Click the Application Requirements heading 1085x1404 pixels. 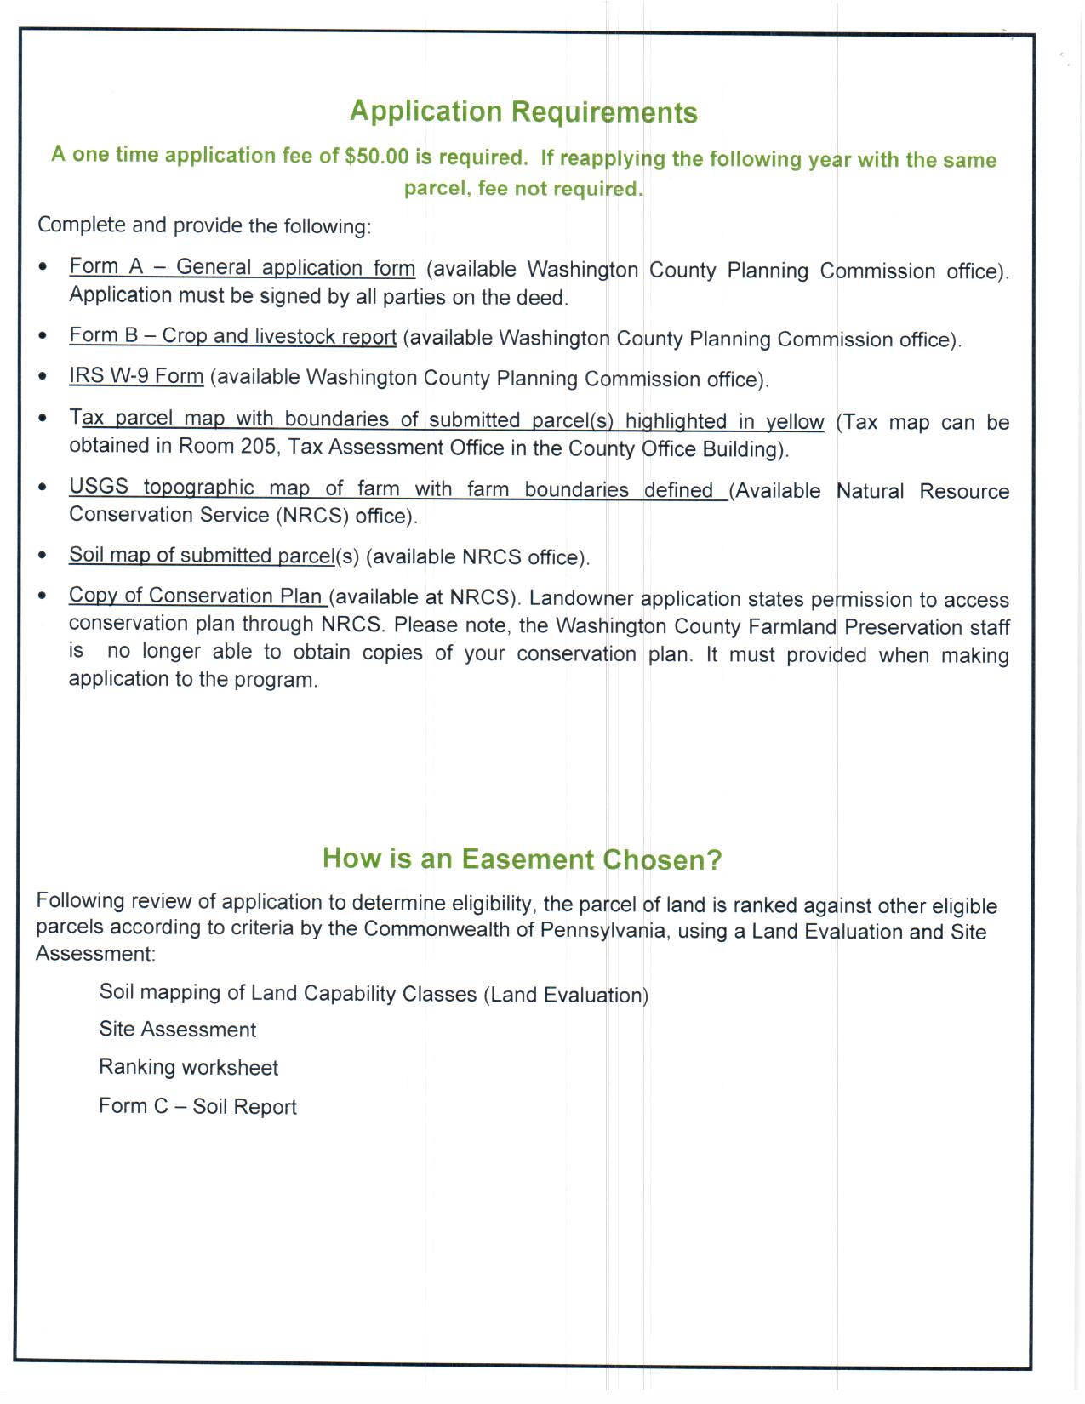(523, 112)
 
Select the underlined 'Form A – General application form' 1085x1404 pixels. (243, 267)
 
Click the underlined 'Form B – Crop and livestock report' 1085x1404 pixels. (232, 336)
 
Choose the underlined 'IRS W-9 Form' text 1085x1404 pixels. (136, 376)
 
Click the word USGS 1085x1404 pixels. (99, 488)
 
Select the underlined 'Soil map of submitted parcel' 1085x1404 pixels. (202, 556)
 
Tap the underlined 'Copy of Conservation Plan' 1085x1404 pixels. (197, 596)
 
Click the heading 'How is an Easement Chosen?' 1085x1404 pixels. (522, 859)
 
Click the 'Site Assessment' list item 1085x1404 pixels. (177, 1030)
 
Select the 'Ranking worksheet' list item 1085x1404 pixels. (188, 1068)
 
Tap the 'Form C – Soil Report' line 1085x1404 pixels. (197, 1106)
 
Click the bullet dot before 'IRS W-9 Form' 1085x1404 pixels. (43, 377)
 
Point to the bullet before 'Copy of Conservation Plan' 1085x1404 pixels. (43, 596)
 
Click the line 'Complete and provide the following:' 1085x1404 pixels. (204, 225)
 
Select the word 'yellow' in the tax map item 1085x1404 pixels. (795, 422)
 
